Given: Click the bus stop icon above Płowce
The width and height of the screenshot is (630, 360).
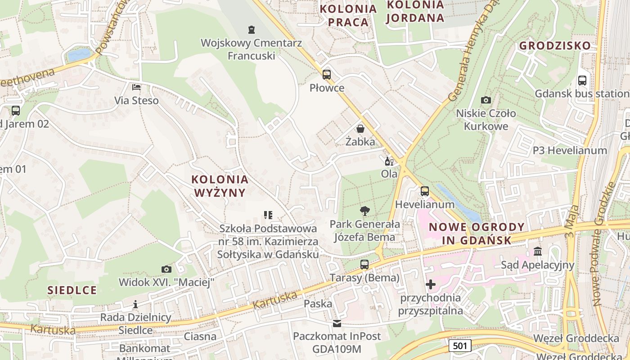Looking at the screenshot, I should tap(327, 75).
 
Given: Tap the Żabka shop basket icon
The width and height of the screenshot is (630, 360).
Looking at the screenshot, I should tap(360, 129).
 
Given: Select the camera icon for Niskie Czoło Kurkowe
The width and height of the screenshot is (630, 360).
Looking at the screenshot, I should tap(486, 100).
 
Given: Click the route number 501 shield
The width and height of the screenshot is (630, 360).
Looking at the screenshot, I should tap(459, 346).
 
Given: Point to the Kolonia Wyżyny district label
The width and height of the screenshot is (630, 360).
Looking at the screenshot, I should tap(220, 186).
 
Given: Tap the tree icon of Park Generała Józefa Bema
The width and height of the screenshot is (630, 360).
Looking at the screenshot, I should tap(364, 211).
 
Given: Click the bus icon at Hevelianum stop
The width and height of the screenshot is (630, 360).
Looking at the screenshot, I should tap(424, 191).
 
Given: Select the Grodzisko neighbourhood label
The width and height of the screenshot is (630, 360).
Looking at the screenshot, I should tap(554, 45).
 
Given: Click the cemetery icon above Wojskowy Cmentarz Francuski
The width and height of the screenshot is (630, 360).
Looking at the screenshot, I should tap(252, 30).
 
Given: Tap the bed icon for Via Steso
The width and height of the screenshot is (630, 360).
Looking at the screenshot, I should tap(136, 87).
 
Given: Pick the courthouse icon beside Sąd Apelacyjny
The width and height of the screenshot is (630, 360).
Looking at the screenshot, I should tap(538, 251).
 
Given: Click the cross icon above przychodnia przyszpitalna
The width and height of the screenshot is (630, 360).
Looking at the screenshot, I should tap(430, 284).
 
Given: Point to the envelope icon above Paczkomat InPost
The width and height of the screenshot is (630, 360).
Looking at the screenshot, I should tap(337, 323).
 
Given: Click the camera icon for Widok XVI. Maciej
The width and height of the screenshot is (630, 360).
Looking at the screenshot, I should tap(166, 269).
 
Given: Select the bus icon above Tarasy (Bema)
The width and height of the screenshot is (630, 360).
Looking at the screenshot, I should tap(364, 265).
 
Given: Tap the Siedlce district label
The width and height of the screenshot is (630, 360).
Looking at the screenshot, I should tap(72, 290).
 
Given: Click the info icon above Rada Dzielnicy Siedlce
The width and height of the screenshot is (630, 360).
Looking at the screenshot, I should tap(135, 304).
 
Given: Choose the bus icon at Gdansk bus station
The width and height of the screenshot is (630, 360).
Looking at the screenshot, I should tap(582, 81).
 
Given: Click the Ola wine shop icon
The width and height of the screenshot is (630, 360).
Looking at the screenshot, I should tap(389, 161).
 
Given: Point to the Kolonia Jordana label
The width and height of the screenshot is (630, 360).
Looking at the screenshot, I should tap(415, 12).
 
